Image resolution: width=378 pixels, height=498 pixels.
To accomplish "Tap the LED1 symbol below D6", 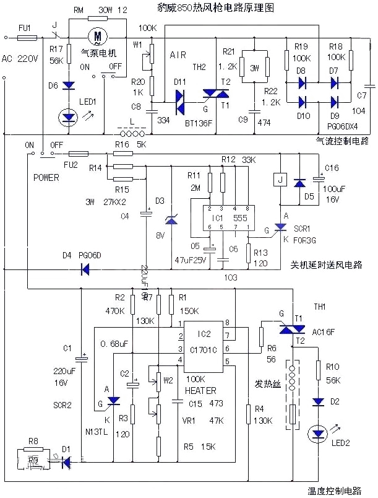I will (67, 116).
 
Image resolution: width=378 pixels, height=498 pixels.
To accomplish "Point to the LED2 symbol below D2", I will (319, 432).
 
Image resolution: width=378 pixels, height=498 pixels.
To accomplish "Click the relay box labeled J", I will (280, 180).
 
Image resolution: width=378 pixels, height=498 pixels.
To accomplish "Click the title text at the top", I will (207, 8).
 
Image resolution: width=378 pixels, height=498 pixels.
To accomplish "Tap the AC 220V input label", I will (17, 59).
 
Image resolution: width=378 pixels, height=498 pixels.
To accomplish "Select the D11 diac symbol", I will (180, 97).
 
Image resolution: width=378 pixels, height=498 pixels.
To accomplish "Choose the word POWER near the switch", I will (46, 178).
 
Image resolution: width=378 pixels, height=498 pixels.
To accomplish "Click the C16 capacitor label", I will (332, 167).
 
